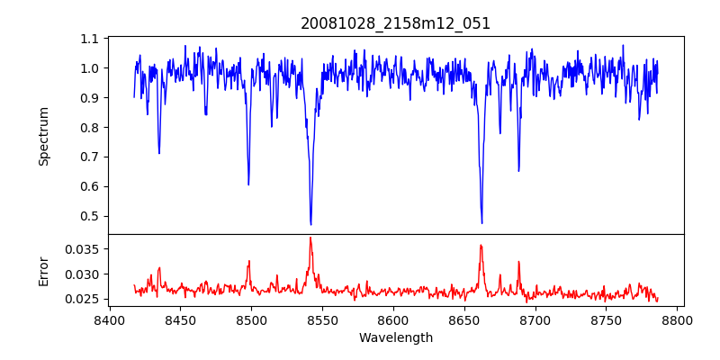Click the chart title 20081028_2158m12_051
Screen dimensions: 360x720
[395, 23]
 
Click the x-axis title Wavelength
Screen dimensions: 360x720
[395, 338]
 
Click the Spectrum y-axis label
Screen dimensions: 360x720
[44, 136]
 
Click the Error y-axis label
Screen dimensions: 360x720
[44, 271]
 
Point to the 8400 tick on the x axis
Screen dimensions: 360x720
[109, 319]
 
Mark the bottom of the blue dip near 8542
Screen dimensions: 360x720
[310, 224]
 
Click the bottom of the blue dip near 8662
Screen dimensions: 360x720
[481, 223]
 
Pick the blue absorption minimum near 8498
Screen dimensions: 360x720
[248, 184]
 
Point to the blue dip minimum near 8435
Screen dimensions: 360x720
[159, 153]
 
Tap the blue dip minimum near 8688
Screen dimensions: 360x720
[518, 171]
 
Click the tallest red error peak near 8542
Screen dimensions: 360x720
[310, 238]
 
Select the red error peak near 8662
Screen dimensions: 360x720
[481, 245]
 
